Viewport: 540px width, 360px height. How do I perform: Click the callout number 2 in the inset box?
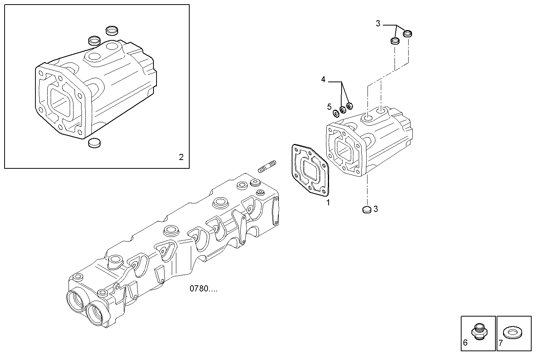coord(181,157)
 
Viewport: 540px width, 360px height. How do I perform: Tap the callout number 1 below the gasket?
coord(328,203)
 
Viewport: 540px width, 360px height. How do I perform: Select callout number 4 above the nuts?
coord(323,80)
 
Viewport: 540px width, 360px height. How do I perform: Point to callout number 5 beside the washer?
coord(329,107)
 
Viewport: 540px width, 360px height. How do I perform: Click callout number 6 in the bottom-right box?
coord(465,342)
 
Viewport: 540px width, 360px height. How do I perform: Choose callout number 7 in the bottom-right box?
coord(500,342)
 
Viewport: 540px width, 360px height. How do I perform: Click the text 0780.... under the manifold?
coord(204,289)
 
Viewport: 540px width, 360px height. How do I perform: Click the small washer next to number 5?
coord(336,113)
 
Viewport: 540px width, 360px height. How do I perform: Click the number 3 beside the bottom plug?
coord(375,209)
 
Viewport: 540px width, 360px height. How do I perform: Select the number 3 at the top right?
coord(378,24)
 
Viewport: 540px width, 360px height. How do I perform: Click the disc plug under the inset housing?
coord(94,143)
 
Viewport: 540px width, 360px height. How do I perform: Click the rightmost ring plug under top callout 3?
coord(408,34)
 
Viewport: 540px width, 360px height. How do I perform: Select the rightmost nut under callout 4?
coord(350,105)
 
